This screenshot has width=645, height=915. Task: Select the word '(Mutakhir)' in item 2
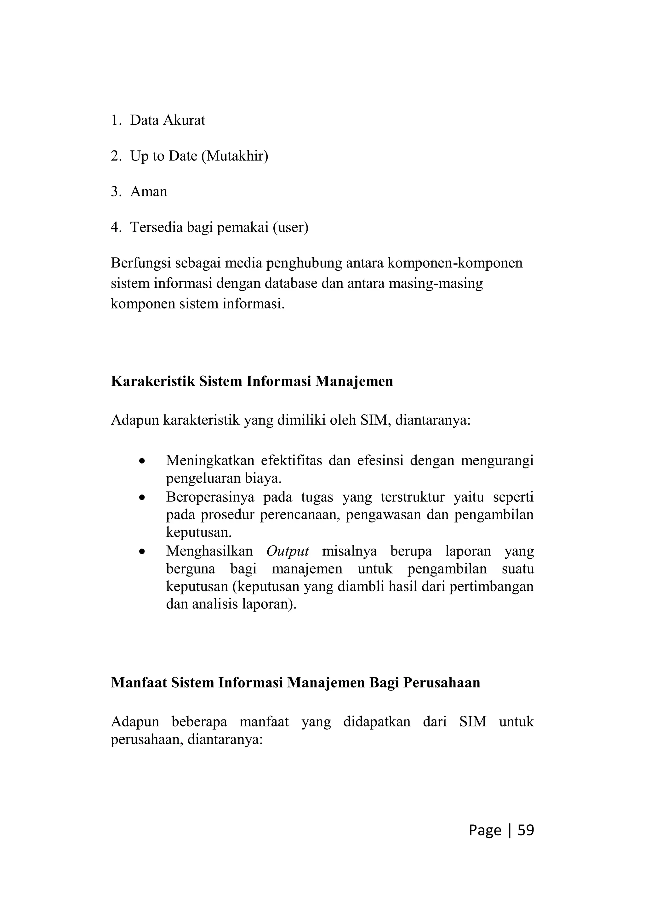coord(234,156)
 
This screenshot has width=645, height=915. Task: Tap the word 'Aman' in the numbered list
coord(148,192)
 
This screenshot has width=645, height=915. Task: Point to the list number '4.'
coord(116,227)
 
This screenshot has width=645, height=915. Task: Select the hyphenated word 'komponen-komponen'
coord(454,263)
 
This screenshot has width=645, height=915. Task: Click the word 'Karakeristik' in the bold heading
coord(152,381)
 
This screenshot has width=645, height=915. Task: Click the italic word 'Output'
coord(288,551)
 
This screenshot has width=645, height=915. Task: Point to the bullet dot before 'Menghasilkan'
coord(141,552)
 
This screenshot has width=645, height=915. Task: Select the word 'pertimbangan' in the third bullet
coord(491,587)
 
